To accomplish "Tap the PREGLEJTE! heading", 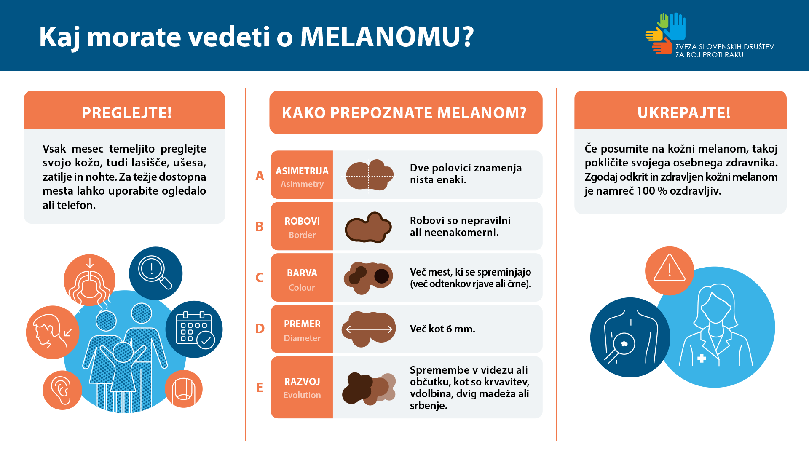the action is pyautogui.click(x=126, y=113).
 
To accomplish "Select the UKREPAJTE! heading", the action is pyautogui.click(x=684, y=113).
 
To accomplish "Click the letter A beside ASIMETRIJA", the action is pyautogui.click(x=260, y=175).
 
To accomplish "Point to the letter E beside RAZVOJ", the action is pyautogui.click(x=260, y=388).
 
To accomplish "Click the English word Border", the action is pyautogui.click(x=302, y=235).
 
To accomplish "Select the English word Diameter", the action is pyautogui.click(x=302, y=338).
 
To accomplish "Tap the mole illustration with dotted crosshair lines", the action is pyautogui.click(x=370, y=175).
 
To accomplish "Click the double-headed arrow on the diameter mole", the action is pyautogui.click(x=369, y=329).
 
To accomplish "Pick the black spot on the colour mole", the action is pyautogui.click(x=382, y=276).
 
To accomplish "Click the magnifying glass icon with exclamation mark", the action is pyautogui.click(x=155, y=273).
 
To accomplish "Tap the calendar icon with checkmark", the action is pyautogui.click(x=195, y=329).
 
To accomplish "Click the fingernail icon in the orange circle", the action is pyautogui.click(x=184, y=388).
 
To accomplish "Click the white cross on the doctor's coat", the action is pyautogui.click(x=702, y=359).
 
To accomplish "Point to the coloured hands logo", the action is pyautogui.click(x=666, y=33).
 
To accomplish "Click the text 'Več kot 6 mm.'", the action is pyautogui.click(x=442, y=329).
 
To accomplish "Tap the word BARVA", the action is pyautogui.click(x=302, y=273).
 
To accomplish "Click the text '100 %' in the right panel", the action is pyautogui.click(x=652, y=191).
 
